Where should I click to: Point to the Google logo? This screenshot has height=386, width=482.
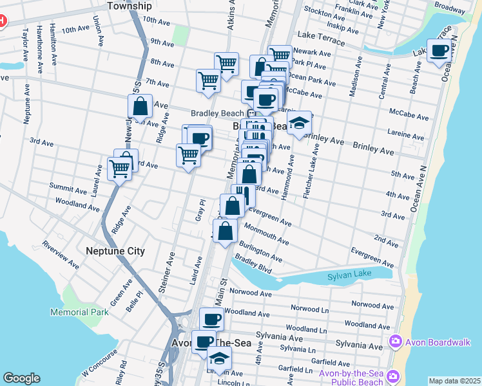[21, 378]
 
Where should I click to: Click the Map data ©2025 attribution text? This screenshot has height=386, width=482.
[454, 381]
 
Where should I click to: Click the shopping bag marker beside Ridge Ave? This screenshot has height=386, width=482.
[140, 106]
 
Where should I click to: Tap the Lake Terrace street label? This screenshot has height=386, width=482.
[320, 41]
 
